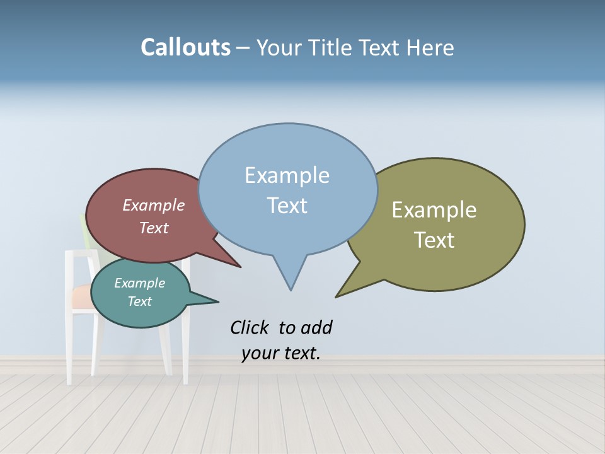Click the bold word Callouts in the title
click(x=185, y=48)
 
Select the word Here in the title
click(x=430, y=48)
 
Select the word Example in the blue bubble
click(x=287, y=175)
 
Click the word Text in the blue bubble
click(x=287, y=206)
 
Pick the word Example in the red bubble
click(x=153, y=205)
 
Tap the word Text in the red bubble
click(x=153, y=228)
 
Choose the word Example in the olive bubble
click(x=434, y=210)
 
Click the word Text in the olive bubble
click(x=434, y=240)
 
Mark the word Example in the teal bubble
click(x=139, y=283)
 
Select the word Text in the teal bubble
click(x=139, y=301)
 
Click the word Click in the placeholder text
click(x=250, y=327)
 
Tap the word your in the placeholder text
click(x=259, y=353)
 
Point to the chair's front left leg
click(x=70, y=353)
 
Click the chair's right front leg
click(x=186, y=353)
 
